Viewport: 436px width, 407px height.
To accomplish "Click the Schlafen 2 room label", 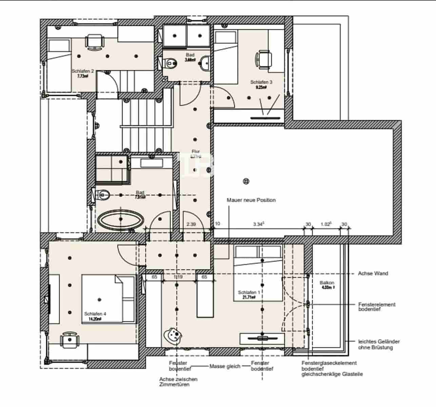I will coord(83,71).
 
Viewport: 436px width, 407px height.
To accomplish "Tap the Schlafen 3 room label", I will coord(261,82).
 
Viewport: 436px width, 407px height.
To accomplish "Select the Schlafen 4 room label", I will coord(95,314).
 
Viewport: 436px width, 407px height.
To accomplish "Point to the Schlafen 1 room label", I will coord(249,292).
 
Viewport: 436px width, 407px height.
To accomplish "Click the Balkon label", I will coord(327,283).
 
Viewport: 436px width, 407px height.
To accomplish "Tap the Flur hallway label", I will coord(196,152).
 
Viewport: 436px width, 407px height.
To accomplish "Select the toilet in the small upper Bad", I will coord(170,63).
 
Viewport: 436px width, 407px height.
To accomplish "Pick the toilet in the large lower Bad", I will coord(102,194).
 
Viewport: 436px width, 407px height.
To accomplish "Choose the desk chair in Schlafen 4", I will coord(70,340).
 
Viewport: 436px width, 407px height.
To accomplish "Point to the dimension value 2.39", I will coord(192,224).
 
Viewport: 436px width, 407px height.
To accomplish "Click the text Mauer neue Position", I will coord(251,200).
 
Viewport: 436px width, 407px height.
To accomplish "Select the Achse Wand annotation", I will coord(373,273).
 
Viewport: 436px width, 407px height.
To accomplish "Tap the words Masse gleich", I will coord(225,366).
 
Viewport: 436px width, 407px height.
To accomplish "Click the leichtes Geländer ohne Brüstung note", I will coord(379,345).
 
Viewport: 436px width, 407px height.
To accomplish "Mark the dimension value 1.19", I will coord(178,277).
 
